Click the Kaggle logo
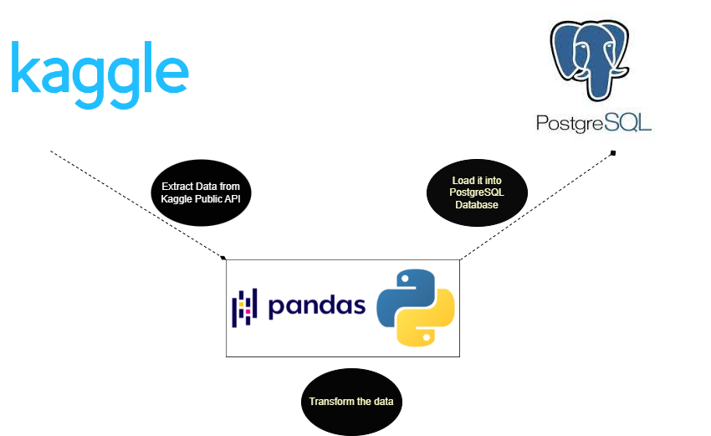(x=100, y=74)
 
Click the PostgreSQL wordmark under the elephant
(x=594, y=123)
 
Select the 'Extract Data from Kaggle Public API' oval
(x=201, y=192)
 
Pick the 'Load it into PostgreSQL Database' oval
(x=477, y=192)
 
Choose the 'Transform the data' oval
(x=351, y=402)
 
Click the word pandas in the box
(x=317, y=306)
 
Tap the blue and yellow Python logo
(x=416, y=308)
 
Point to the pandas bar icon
(x=244, y=308)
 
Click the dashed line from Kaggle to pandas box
(x=137, y=204)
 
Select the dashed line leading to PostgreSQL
(x=537, y=206)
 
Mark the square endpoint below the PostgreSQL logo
(x=613, y=153)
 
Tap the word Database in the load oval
(x=477, y=205)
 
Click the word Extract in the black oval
(x=176, y=187)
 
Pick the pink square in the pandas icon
(x=248, y=311)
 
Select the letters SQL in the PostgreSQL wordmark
(x=628, y=122)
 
